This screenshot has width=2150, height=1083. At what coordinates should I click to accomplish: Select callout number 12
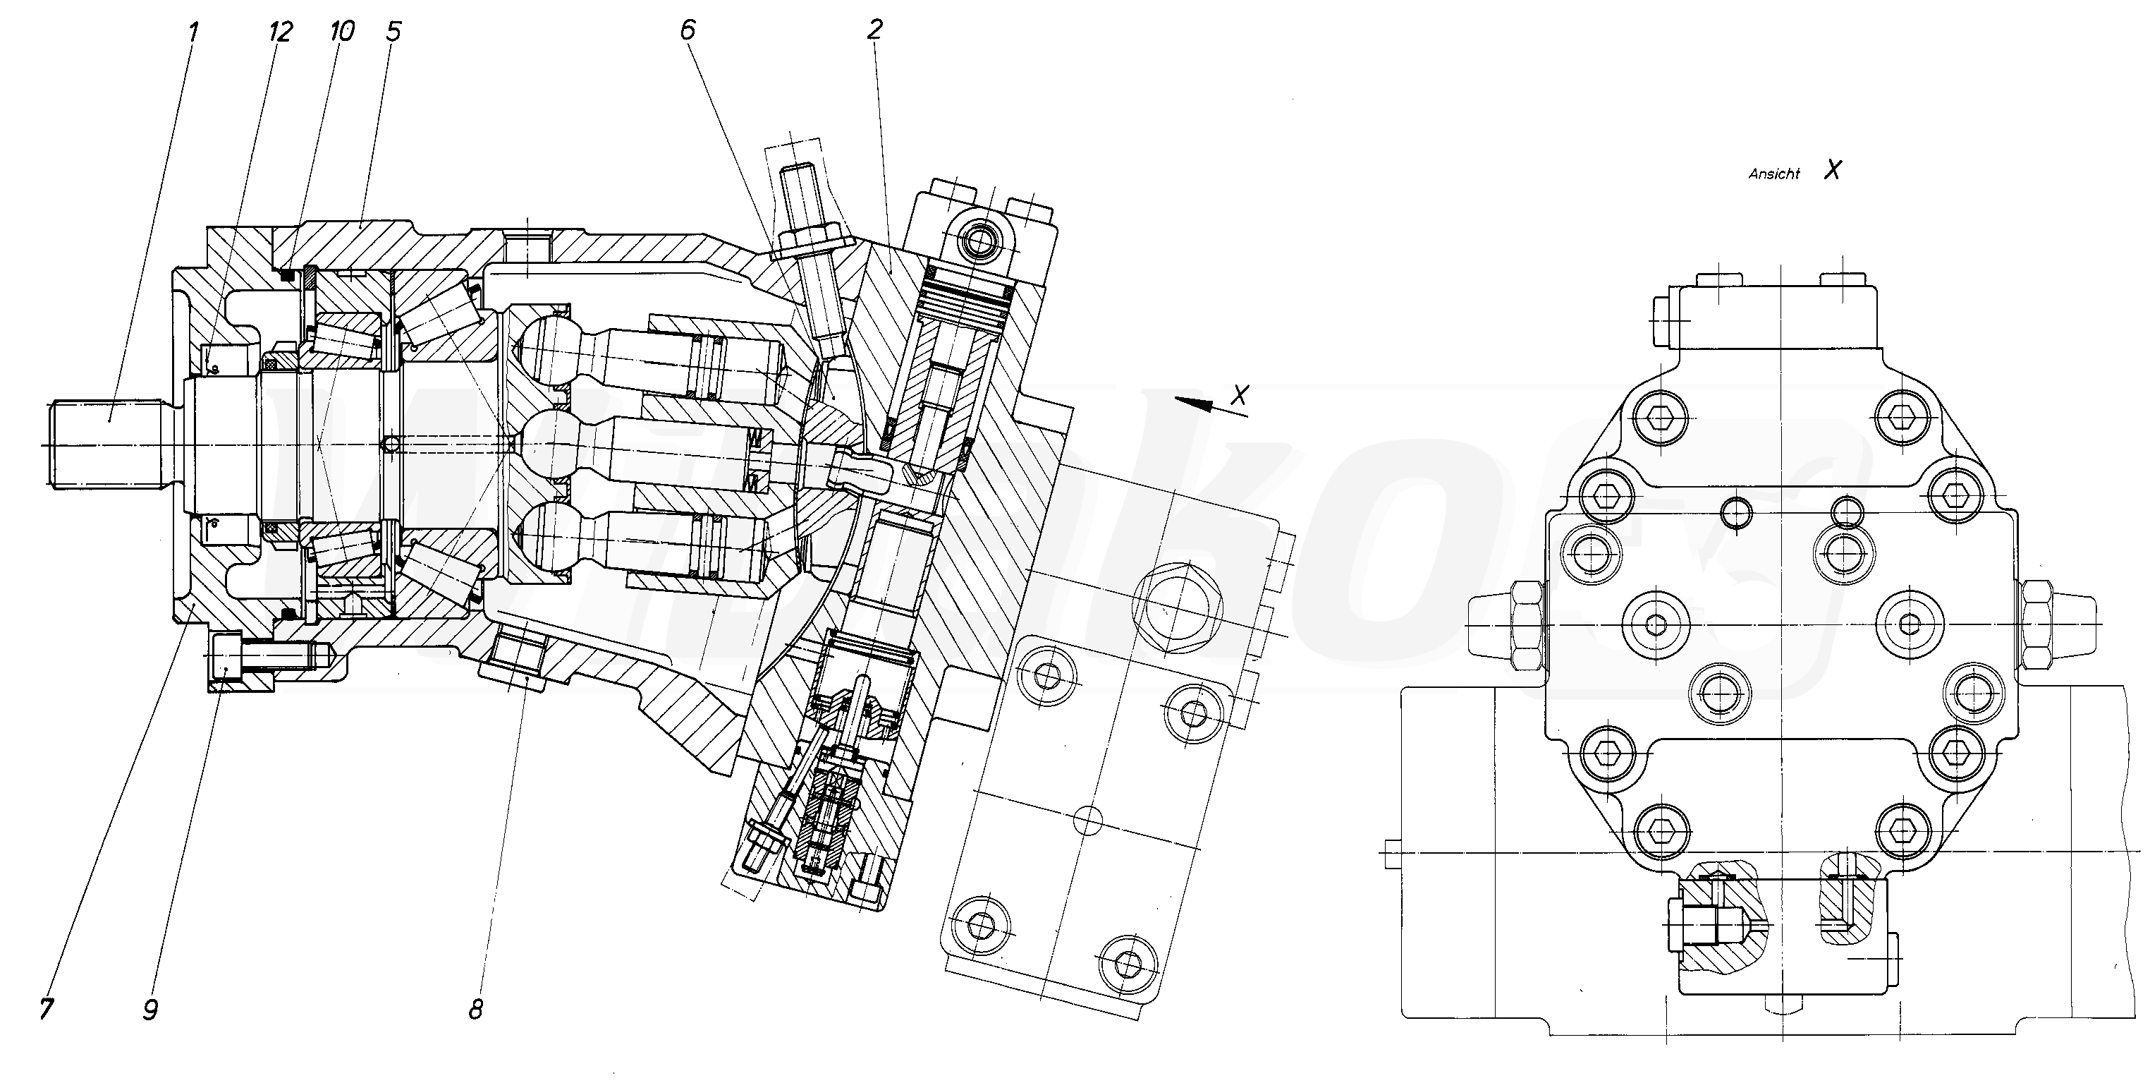(281, 32)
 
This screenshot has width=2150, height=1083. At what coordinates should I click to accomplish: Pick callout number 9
(150, 1010)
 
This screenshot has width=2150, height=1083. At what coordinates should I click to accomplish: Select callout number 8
(476, 1010)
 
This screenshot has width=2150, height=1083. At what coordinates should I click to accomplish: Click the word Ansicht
(1773, 174)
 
